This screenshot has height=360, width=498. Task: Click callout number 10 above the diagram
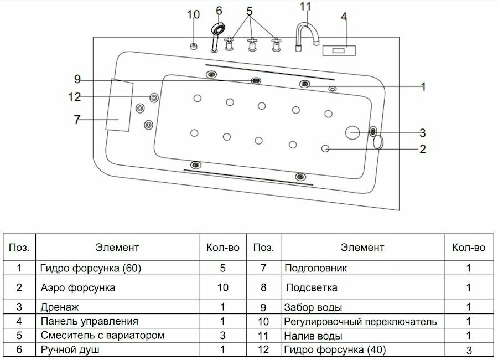pyautogui.click(x=193, y=15)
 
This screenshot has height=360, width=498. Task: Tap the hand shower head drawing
pyautogui.click(x=218, y=29)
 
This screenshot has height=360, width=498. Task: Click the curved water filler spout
pyautogui.click(x=307, y=32)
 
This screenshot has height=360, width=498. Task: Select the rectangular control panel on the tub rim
pyautogui.click(x=339, y=50)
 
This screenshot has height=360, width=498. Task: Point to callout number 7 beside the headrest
pyautogui.click(x=77, y=119)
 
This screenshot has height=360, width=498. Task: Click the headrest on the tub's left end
pyautogui.click(x=121, y=105)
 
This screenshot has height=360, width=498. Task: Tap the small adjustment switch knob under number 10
pyautogui.click(x=194, y=45)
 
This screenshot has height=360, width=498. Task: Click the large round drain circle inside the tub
pyautogui.click(x=352, y=132)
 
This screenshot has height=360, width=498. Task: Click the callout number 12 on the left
pyautogui.click(x=75, y=97)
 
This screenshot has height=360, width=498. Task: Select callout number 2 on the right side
pyautogui.click(x=422, y=148)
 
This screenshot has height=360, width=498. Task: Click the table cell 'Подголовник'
pyautogui.click(x=315, y=269)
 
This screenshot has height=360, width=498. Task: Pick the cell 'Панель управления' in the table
pyautogui.click(x=89, y=321)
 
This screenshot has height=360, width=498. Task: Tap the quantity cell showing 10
pyautogui.click(x=222, y=288)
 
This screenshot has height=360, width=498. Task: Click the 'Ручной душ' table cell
pyautogui.click(x=70, y=349)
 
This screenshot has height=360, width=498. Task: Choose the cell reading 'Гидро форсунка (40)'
pyautogui.click(x=335, y=349)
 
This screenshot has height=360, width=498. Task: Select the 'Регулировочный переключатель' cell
pyautogui.click(x=360, y=321)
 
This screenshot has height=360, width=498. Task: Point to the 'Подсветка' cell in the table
pyautogui.click(x=312, y=288)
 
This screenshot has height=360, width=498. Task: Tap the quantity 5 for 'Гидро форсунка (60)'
pyautogui.click(x=222, y=269)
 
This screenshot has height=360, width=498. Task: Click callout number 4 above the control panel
pyautogui.click(x=344, y=17)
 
